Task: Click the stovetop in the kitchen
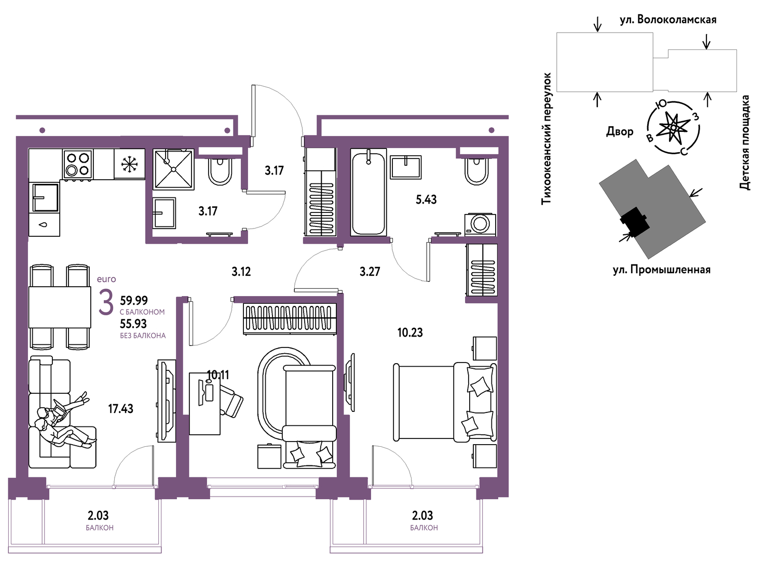(78, 164)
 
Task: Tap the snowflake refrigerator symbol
(129, 164)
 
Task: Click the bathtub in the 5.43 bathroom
(368, 192)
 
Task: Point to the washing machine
(480, 224)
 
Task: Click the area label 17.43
(120, 408)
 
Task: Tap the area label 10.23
(410, 332)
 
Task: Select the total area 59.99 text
(134, 301)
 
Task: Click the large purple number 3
(106, 301)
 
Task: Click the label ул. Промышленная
(662, 270)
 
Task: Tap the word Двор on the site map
(620, 131)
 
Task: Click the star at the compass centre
(673, 127)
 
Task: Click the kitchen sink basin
(46, 197)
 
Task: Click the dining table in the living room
(60, 308)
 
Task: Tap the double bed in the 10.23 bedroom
(445, 402)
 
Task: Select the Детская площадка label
(745, 142)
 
